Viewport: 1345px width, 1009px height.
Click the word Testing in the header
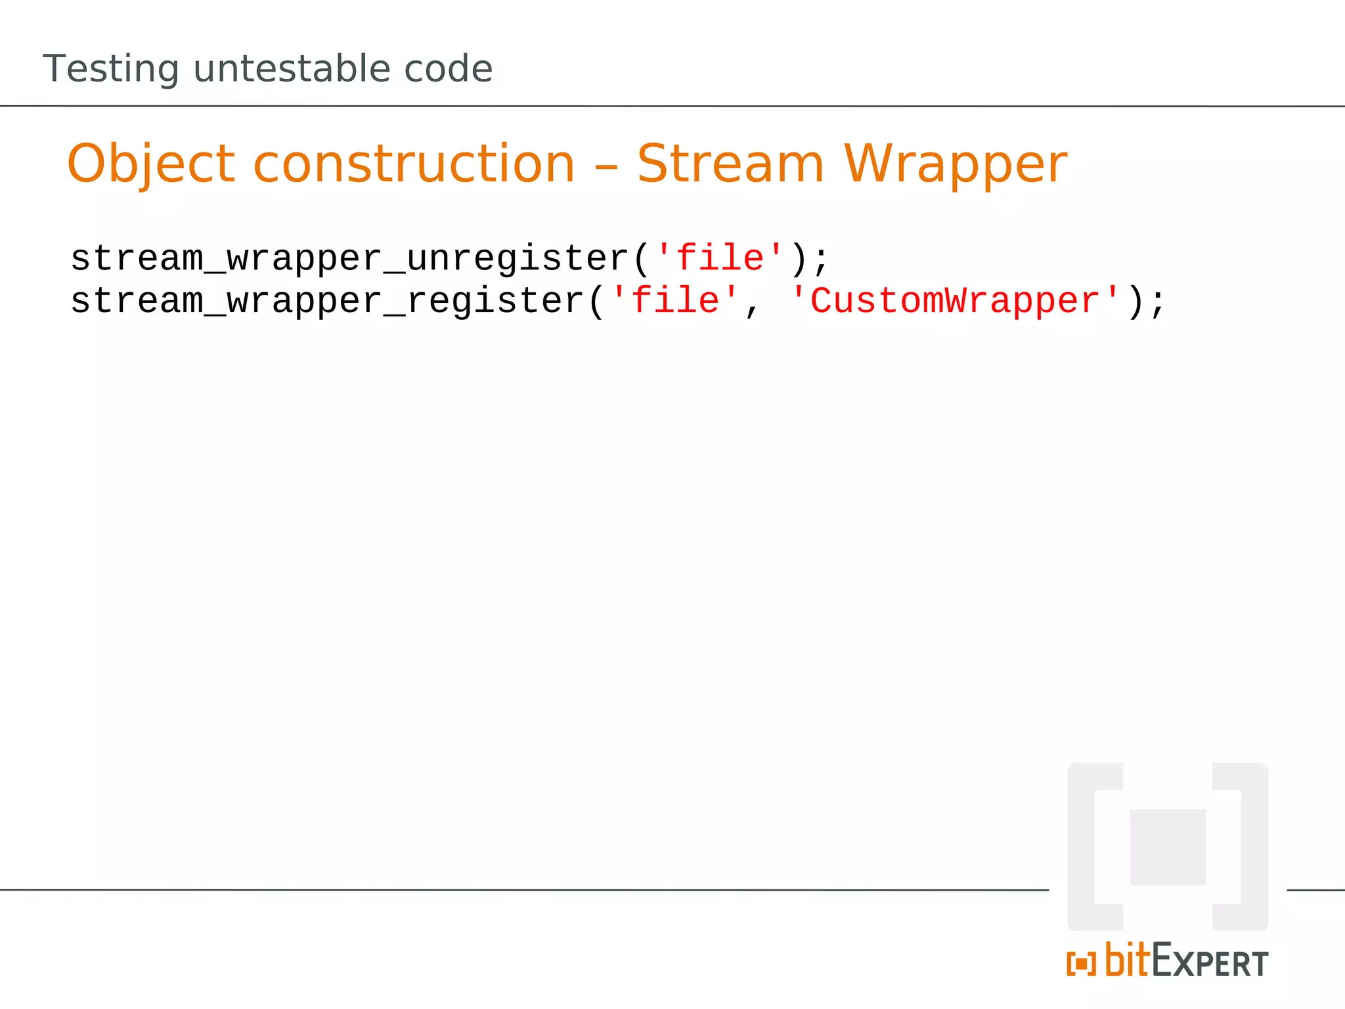[x=110, y=69]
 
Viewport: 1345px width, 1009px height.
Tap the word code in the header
[x=448, y=69]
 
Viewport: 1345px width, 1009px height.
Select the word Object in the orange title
[x=150, y=164]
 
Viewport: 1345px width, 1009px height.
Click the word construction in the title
[x=414, y=164]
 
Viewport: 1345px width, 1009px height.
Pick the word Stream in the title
[x=730, y=164]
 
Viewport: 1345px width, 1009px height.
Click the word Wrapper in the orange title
[x=956, y=164]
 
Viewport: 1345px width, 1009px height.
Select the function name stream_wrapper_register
[x=327, y=302]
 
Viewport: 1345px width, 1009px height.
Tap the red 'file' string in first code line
[x=720, y=258]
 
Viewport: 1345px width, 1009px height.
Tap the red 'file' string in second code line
[x=675, y=301]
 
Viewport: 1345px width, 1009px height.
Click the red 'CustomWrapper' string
[x=955, y=301]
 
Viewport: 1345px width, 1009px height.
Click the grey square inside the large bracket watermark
[x=1168, y=847]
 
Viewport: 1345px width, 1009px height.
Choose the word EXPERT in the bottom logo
[x=1210, y=962]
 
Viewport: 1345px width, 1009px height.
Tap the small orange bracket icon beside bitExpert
[x=1081, y=964]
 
